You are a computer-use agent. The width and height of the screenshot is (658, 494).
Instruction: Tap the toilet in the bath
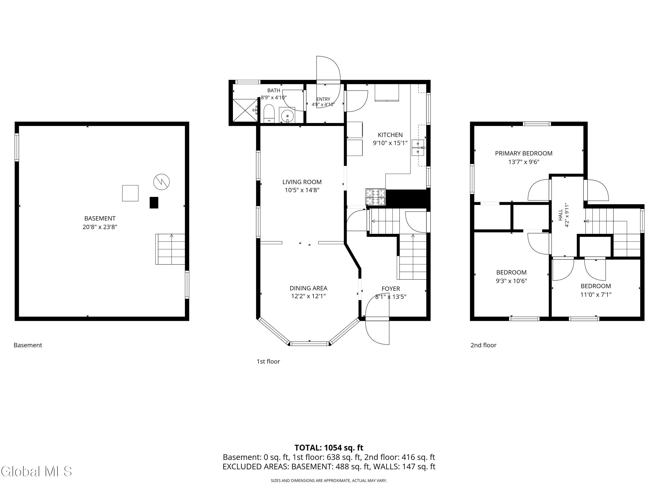pyautogui.click(x=269, y=114)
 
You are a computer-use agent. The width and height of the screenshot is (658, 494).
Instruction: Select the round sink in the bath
pyautogui.click(x=287, y=115)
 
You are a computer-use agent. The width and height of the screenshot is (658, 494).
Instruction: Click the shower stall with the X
pyautogui.click(x=245, y=110)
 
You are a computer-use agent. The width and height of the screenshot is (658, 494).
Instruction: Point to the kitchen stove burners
pyautogui.click(x=375, y=197)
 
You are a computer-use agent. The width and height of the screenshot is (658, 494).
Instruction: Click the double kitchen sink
pyautogui.click(x=418, y=148)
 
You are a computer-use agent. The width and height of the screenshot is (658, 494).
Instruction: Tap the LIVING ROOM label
pyautogui.click(x=302, y=182)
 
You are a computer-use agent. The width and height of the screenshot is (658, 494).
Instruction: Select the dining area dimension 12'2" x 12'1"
pyautogui.click(x=308, y=296)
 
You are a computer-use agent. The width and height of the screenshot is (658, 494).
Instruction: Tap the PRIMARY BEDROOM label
pyautogui.click(x=524, y=153)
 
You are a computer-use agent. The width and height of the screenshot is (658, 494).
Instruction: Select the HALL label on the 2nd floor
pyautogui.click(x=560, y=215)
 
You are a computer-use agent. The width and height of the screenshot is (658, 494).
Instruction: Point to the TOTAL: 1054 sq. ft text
pyautogui.click(x=329, y=448)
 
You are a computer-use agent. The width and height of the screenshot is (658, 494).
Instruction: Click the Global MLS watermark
pyautogui.click(x=36, y=471)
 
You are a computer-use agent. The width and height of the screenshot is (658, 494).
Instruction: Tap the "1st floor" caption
pyautogui.click(x=268, y=361)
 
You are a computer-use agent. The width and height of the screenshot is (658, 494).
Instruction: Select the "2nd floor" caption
pyautogui.click(x=483, y=345)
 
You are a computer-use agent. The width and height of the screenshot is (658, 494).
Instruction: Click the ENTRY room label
pyautogui.click(x=323, y=99)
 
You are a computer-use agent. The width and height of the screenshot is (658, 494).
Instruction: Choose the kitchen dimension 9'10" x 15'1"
pyautogui.click(x=390, y=143)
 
